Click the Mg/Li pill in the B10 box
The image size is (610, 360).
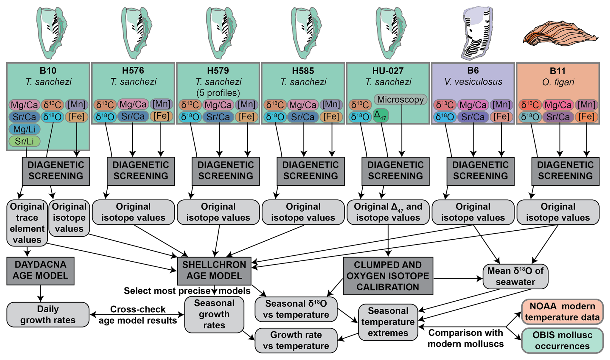[x=25, y=129]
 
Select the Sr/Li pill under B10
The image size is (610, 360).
[x=25, y=141]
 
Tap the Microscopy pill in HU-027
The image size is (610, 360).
[x=400, y=100]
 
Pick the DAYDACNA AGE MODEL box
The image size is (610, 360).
[x=40, y=271]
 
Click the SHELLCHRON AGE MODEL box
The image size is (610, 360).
[x=214, y=271]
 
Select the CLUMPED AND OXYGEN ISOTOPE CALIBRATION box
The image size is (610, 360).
[x=388, y=276]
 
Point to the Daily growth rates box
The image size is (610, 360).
[x=48, y=315]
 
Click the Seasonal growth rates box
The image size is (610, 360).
[x=214, y=315]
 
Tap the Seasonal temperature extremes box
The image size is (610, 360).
[x=388, y=322]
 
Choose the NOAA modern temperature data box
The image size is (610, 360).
[x=562, y=312]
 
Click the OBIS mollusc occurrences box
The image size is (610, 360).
[x=562, y=341]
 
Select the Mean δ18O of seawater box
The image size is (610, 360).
[x=515, y=276]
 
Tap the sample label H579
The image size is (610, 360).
[x=218, y=71]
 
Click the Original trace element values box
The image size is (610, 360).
[x=27, y=223]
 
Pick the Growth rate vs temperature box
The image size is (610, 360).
[x=296, y=340]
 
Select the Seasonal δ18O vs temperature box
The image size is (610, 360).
[x=296, y=309]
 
